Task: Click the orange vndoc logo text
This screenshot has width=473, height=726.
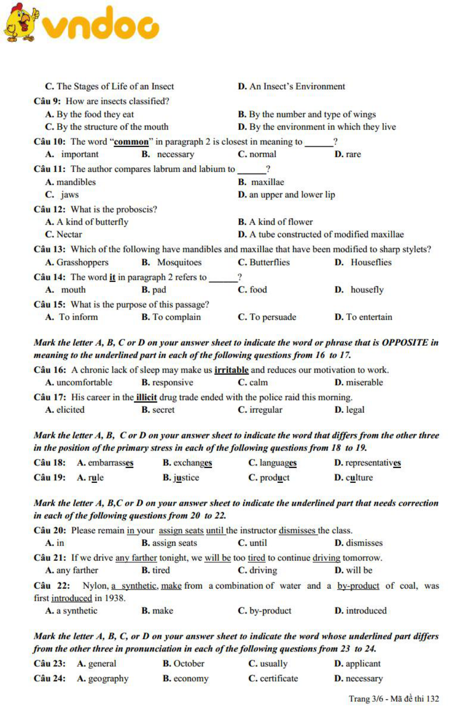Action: pyautogui.click(x=100, y=24)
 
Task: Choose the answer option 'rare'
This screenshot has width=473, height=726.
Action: pyautogui.click(x=353, y=154)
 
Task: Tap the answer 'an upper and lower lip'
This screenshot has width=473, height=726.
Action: pyautogui.click(x=292, y=195)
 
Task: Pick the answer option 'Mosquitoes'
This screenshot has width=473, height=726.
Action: pyautogui.click(x=179, y=263)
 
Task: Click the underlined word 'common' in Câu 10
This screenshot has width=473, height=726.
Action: pyautogui.click(x=131, y=142)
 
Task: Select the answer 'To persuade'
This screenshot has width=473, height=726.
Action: pyautogui.click(x=273, y=317)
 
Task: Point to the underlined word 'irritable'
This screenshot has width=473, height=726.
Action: pyautogui.click(x=231, y=370)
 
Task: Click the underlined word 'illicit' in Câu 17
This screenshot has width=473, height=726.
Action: pyautogui.click(x=146, y=398)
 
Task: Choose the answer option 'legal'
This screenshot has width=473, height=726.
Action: pyautogui.click(x=355, y=410)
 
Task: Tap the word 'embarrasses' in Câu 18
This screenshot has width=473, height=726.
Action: pyautogui.click(x=110, y=463)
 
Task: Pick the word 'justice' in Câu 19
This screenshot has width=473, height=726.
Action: pyautogui.click(x=186, y=478)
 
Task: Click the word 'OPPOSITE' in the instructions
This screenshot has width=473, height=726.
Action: pyautogui.click(x=405, y=343)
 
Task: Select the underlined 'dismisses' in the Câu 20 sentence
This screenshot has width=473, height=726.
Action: pyautogui.click(x=297, y=531)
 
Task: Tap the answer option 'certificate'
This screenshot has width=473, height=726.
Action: pyautogui.click(x=278, y=679)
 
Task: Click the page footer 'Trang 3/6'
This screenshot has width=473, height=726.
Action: pyautogui.click(x=366, y=699)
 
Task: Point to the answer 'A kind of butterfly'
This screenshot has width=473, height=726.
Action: pyautogui.click(x=92, y=222)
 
